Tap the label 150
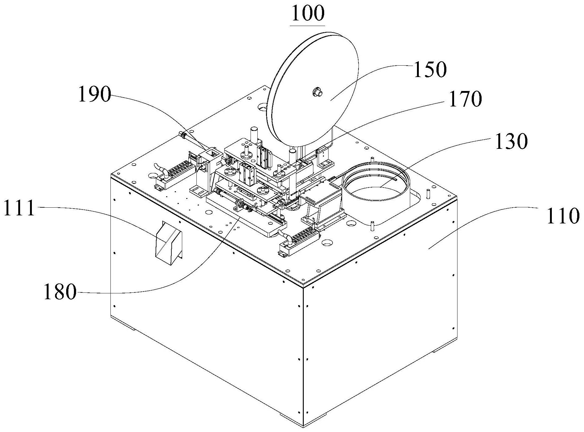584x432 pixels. (430, 69)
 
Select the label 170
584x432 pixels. (465, 99)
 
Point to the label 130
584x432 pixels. (511, 141)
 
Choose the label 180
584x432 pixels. (60, 292)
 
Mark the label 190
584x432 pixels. (94, 94)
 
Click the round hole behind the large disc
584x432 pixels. (262, 108)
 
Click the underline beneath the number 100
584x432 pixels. (308, 24)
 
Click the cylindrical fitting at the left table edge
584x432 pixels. (182, 135)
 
